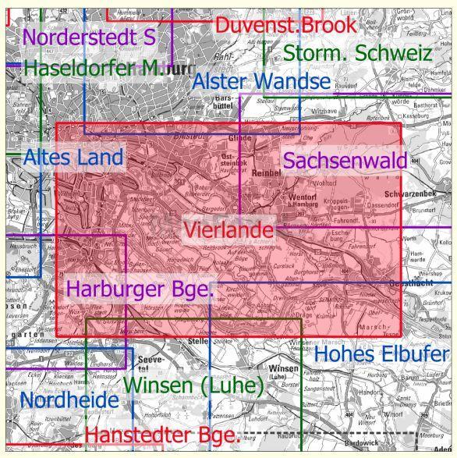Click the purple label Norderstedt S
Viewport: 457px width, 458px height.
(x=89, y=36)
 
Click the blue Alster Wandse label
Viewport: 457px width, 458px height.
(x=261, y=82)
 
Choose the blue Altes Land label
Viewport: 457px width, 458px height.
(x=73, y=158)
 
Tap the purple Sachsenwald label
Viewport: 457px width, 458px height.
(x=345, y=161)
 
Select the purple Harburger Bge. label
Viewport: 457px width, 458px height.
(x=140, y=289)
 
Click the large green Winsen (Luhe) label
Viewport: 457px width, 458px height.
(x=195, y=385)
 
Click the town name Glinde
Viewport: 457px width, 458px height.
(x=235, y=137)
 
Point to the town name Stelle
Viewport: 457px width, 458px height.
(x=192, y=342)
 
